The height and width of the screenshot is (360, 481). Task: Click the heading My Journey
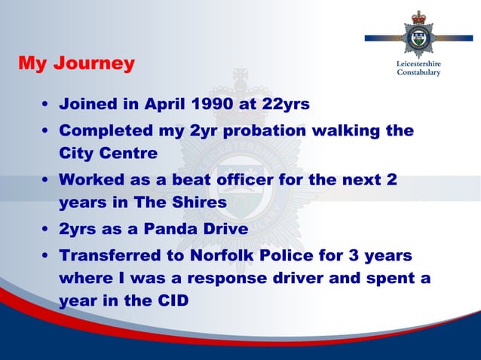[x=76, y=63]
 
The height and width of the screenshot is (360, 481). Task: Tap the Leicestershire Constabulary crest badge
[x=418, y=35]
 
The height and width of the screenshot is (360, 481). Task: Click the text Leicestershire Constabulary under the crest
[x=418, y=68]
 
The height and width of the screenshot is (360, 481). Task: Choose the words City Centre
[x=109, y=154]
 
